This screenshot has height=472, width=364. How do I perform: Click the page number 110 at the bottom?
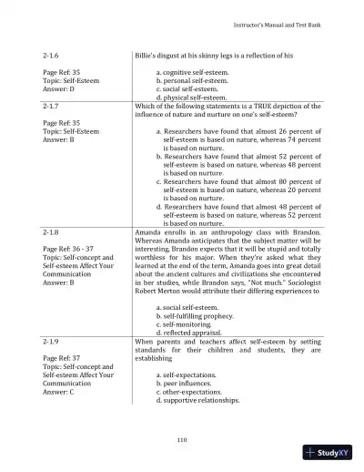(182, 441)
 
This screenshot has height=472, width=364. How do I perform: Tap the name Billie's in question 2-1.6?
(148, 56)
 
